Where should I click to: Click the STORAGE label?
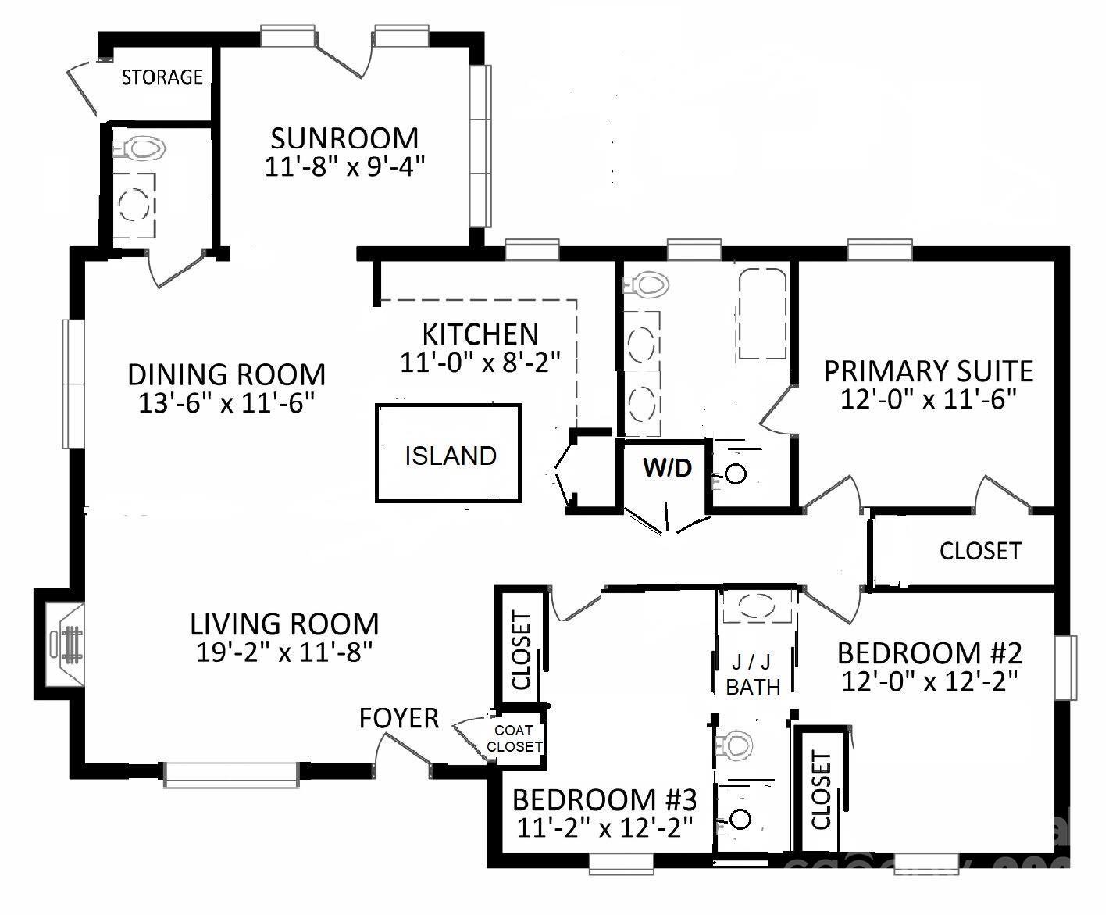click(x=162, y=77)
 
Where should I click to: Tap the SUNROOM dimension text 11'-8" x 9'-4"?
click(x=344, y=167)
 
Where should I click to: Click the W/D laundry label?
click(x=667, y=469)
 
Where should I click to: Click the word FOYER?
click(x=398, y=718)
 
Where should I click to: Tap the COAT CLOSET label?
click(x=514, y=738)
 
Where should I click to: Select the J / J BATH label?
click(x=753, y=674)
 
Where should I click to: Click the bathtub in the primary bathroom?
click(x=763, y=314)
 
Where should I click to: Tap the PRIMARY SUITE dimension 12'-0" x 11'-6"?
click(x=928, y=400)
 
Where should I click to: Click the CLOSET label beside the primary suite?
click(x=979, y=551)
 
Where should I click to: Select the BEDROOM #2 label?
click(x=929, y=652)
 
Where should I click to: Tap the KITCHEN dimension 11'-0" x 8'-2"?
click(x=480, y=363)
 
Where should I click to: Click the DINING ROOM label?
click(x=226, y=374)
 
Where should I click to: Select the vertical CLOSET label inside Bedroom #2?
click(x=821, y=790)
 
